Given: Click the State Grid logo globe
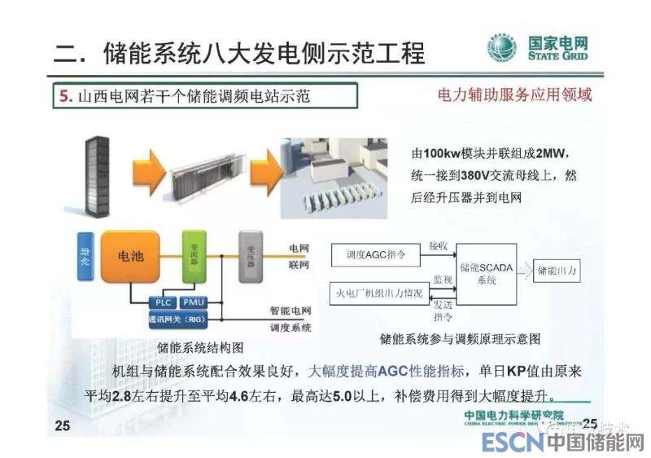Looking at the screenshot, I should (x=501, y=49).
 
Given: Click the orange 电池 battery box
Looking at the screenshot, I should (x=130, y=256).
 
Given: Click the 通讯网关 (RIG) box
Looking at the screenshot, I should (x=178, y=319).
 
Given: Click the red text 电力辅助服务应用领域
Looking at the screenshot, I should (x=515, y=95).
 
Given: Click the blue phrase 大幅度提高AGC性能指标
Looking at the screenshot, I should (x=386, y=372).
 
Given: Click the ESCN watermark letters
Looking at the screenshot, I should (x=512, y=443).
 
